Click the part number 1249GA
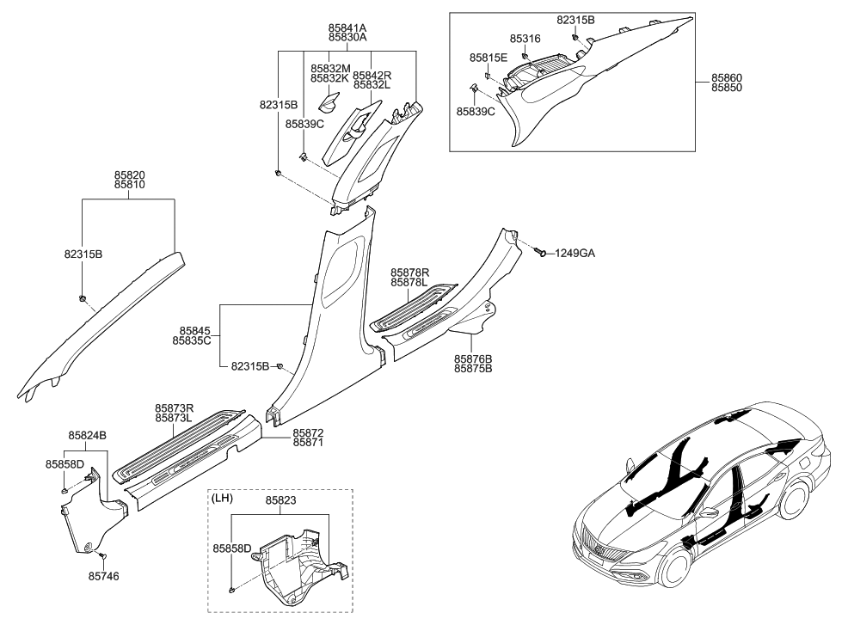coord(575,254)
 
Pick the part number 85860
coord(727,78)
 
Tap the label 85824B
coord(88,435)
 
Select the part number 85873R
coord(174,407)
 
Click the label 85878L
coord(410,282)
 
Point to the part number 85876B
coord(473,358)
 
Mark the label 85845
coord(195,330)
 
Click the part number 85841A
coord(347,28)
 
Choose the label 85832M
coord(330,67)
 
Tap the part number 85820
coord(129,174)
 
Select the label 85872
coord(309,432)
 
